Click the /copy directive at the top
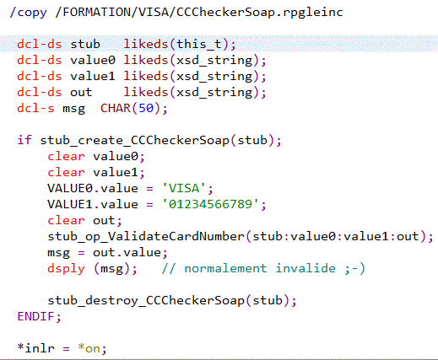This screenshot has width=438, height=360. click(x=28, y=13)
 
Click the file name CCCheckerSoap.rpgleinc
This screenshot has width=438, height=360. click(x=260, y=13)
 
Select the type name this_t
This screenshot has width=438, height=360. click(x=199, y=45)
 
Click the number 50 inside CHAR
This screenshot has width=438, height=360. click(x=146, y=108)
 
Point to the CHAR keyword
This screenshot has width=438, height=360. click(x=116, y=108)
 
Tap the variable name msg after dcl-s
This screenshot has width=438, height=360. click(x=73, y=109)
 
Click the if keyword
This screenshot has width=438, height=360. click(x=24, y=140)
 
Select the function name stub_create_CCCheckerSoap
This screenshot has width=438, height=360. click(x=135, y=140)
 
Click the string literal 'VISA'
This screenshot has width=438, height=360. click(x=184, y=188)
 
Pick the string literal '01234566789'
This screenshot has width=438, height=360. click(x=210, y=204)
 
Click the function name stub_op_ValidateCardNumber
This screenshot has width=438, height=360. click(x=146, y=236)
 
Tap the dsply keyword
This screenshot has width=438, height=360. click(x=66, y=269)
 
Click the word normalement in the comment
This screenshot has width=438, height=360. click(x=225, y=268)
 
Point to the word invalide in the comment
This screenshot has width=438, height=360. click(x=306, y=268)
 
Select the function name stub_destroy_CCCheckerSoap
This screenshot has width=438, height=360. click(x=146, y=300)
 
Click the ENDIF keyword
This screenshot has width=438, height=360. click(x=35, y=316)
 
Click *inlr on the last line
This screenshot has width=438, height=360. click(x=35, y=348)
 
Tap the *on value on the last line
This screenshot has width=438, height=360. click(x=89, y=348)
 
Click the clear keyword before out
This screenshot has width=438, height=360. click(x=66, y=220)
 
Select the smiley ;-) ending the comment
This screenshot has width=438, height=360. click(x=355, y=269)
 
